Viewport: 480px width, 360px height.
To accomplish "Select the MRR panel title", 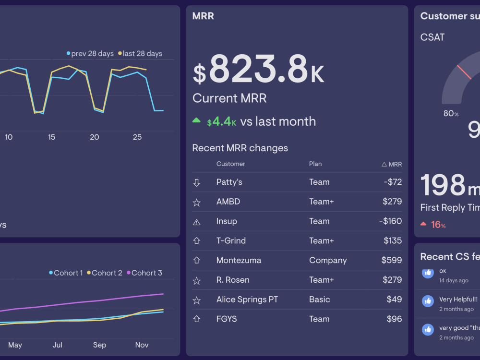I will click(x=203, y=16).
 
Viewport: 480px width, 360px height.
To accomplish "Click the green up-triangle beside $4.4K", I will click(x=196, y=120).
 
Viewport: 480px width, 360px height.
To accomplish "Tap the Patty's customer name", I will click(x=229, y=182).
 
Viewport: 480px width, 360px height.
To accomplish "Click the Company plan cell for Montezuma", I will click(x=328, y=260).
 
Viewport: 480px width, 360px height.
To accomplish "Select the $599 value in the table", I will click(x=391, y=260).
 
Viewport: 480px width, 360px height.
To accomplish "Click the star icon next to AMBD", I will click(x=196, y=202).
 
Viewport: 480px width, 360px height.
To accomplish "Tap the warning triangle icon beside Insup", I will click(x=196, y=222).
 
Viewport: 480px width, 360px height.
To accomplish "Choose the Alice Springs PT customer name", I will click(x=247, y=300).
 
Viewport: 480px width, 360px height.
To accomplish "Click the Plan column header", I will click(x=315, y=164).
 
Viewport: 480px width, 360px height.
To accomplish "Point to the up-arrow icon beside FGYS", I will click(x=196, y=319).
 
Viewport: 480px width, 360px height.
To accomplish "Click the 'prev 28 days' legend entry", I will click(x=90, y=54).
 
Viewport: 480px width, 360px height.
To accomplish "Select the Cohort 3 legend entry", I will click(x=144, y=273).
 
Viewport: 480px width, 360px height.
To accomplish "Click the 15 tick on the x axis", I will click(x=51, y=137).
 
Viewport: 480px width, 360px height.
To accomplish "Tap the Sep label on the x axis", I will click(x=99, y=345).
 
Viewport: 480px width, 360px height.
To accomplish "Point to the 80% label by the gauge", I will click(x=451, y=114).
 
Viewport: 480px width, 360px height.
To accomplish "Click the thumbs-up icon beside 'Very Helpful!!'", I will click(x=428, y=301).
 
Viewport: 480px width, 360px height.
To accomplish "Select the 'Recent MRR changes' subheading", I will click(x=240, y=148).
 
